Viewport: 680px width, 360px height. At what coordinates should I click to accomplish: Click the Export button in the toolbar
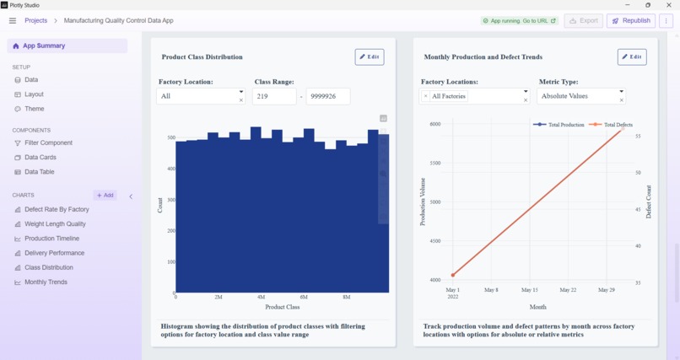point(584,20)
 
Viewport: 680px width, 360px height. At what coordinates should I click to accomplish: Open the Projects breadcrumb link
point(35,20)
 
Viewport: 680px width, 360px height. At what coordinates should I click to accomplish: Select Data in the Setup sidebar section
point(31,80)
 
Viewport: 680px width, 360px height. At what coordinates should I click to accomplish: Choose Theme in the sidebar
point(35,109)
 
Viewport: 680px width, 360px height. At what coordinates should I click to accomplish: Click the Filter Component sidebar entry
point(48,143)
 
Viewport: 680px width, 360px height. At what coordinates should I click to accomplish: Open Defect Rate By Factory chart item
point(57,210)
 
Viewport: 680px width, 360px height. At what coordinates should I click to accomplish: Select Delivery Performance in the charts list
point(54,253)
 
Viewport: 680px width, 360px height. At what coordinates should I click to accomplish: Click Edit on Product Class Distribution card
point(370,57)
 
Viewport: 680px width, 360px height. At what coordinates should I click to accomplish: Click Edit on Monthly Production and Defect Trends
point(632,57)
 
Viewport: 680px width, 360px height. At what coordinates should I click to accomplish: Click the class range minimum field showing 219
point(274,97)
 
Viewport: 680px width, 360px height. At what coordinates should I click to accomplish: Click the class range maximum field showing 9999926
point(327,97)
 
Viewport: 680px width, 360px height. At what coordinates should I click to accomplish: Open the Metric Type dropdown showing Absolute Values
point(580,97)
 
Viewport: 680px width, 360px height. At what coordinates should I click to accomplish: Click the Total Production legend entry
point(559,125)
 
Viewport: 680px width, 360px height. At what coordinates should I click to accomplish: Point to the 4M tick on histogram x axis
point(261,298)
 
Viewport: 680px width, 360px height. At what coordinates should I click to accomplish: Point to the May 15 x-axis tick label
point(529,290)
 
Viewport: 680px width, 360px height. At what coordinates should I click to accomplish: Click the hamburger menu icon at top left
point(13,20)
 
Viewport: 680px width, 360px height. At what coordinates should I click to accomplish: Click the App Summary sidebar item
point(44,46)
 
